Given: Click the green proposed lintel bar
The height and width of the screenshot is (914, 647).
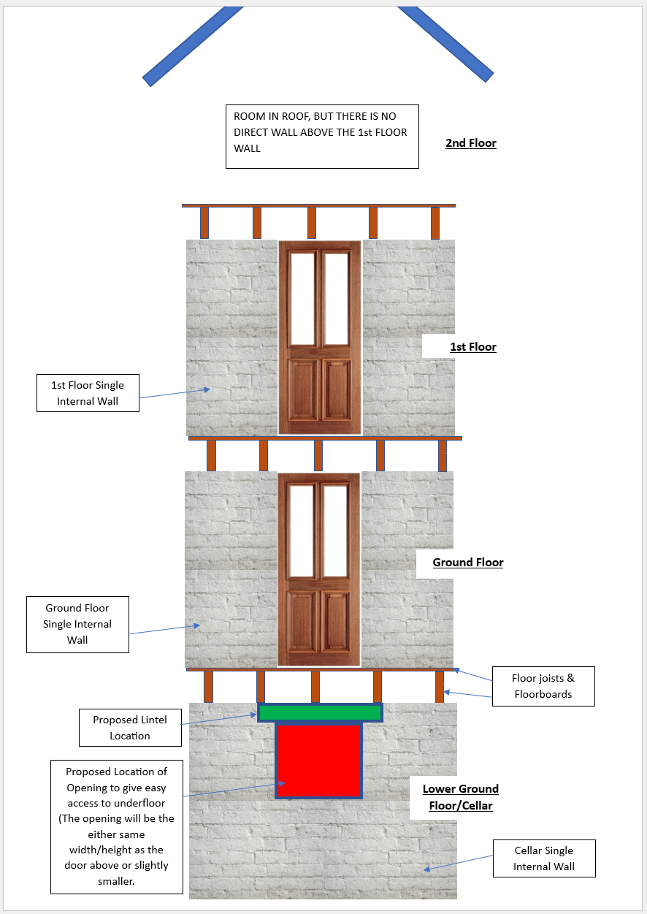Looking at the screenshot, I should point(320,712).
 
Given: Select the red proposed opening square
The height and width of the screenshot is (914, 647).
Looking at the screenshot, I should point(318,760).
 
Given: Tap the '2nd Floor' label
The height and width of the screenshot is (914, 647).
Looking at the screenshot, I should point(471,143).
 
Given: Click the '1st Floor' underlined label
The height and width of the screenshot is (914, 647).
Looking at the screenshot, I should point(472,347).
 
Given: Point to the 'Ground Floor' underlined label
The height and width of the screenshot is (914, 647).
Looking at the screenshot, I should point(467,563).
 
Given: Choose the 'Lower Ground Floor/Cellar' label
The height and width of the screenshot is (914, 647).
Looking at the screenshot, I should point(461,797).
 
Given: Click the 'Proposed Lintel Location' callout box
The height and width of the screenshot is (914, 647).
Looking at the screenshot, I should point(130,728).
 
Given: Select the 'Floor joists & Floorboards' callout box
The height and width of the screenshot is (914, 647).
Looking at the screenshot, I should point(543,686).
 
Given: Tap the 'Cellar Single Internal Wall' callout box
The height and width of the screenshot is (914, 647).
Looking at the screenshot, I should point(543,858).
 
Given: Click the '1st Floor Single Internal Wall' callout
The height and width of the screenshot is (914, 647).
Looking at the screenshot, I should point(88,393).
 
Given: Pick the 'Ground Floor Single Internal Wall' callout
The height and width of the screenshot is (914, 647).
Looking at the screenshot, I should point(77,624).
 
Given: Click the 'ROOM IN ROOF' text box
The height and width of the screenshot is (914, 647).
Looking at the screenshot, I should point(321,137).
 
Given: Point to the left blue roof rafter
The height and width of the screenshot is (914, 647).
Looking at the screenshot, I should point(192,45).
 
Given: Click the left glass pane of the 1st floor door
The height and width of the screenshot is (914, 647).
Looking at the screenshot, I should point(302,298).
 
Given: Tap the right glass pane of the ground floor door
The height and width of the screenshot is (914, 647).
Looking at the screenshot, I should point(335,530).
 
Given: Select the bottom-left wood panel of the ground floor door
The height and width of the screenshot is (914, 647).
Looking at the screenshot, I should point(302,625).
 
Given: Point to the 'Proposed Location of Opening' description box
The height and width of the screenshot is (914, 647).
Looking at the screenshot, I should point(117,826).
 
